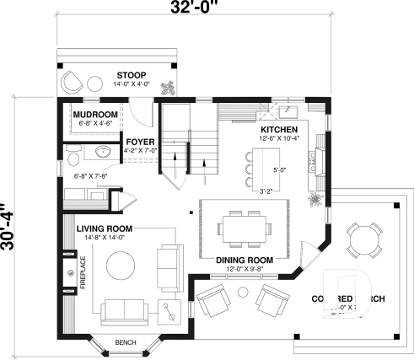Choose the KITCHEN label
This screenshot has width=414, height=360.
click(x=278, y=129)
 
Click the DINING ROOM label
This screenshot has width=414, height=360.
click(x=245, y=260)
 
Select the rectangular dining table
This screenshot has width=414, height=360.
click(x=245, y=226)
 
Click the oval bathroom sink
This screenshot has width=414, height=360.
click(x=102, y=151)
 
